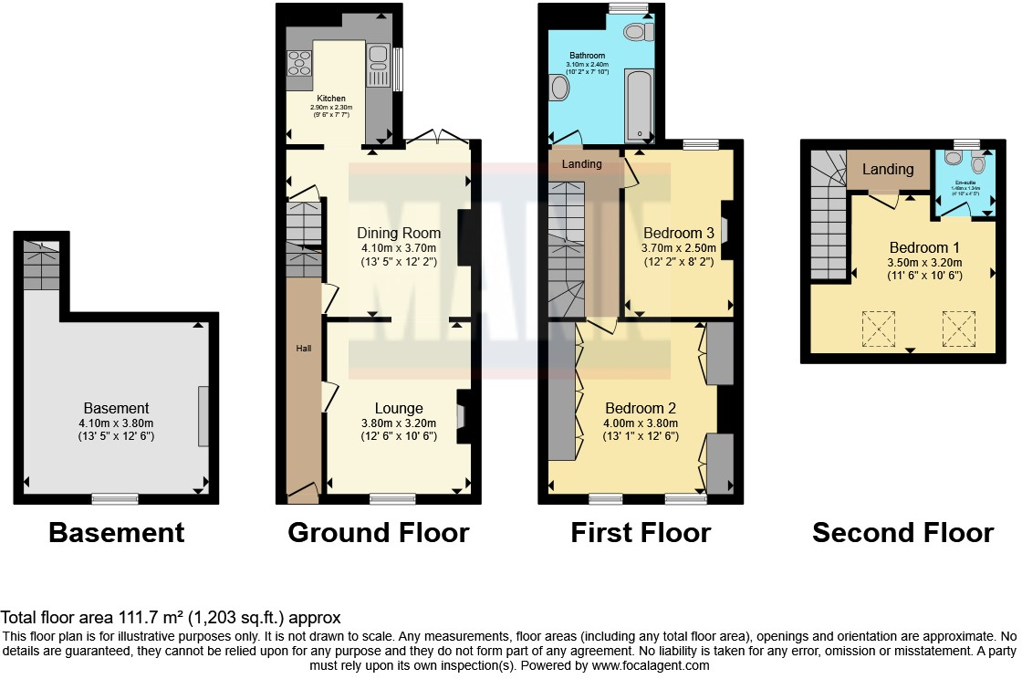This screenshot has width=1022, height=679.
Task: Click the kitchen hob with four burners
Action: (299, 63)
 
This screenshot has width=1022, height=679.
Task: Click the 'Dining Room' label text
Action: (399, 233)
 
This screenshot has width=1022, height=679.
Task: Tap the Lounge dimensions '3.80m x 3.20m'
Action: (399, 423)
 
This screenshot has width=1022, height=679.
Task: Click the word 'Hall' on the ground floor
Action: (303, 349)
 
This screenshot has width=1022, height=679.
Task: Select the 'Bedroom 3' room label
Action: (678, 231)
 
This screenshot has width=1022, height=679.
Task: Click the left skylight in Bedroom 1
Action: (879, 329)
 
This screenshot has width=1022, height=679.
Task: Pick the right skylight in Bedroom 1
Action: (959, 329)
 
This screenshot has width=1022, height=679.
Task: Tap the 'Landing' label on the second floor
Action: (888, 170)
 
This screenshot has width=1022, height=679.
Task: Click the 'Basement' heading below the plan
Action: (116, 532)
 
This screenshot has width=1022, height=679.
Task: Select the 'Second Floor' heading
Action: (902, 532)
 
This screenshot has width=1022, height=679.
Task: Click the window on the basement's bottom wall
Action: (115, 498)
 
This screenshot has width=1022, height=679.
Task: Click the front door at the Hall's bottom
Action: (303, 493)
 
